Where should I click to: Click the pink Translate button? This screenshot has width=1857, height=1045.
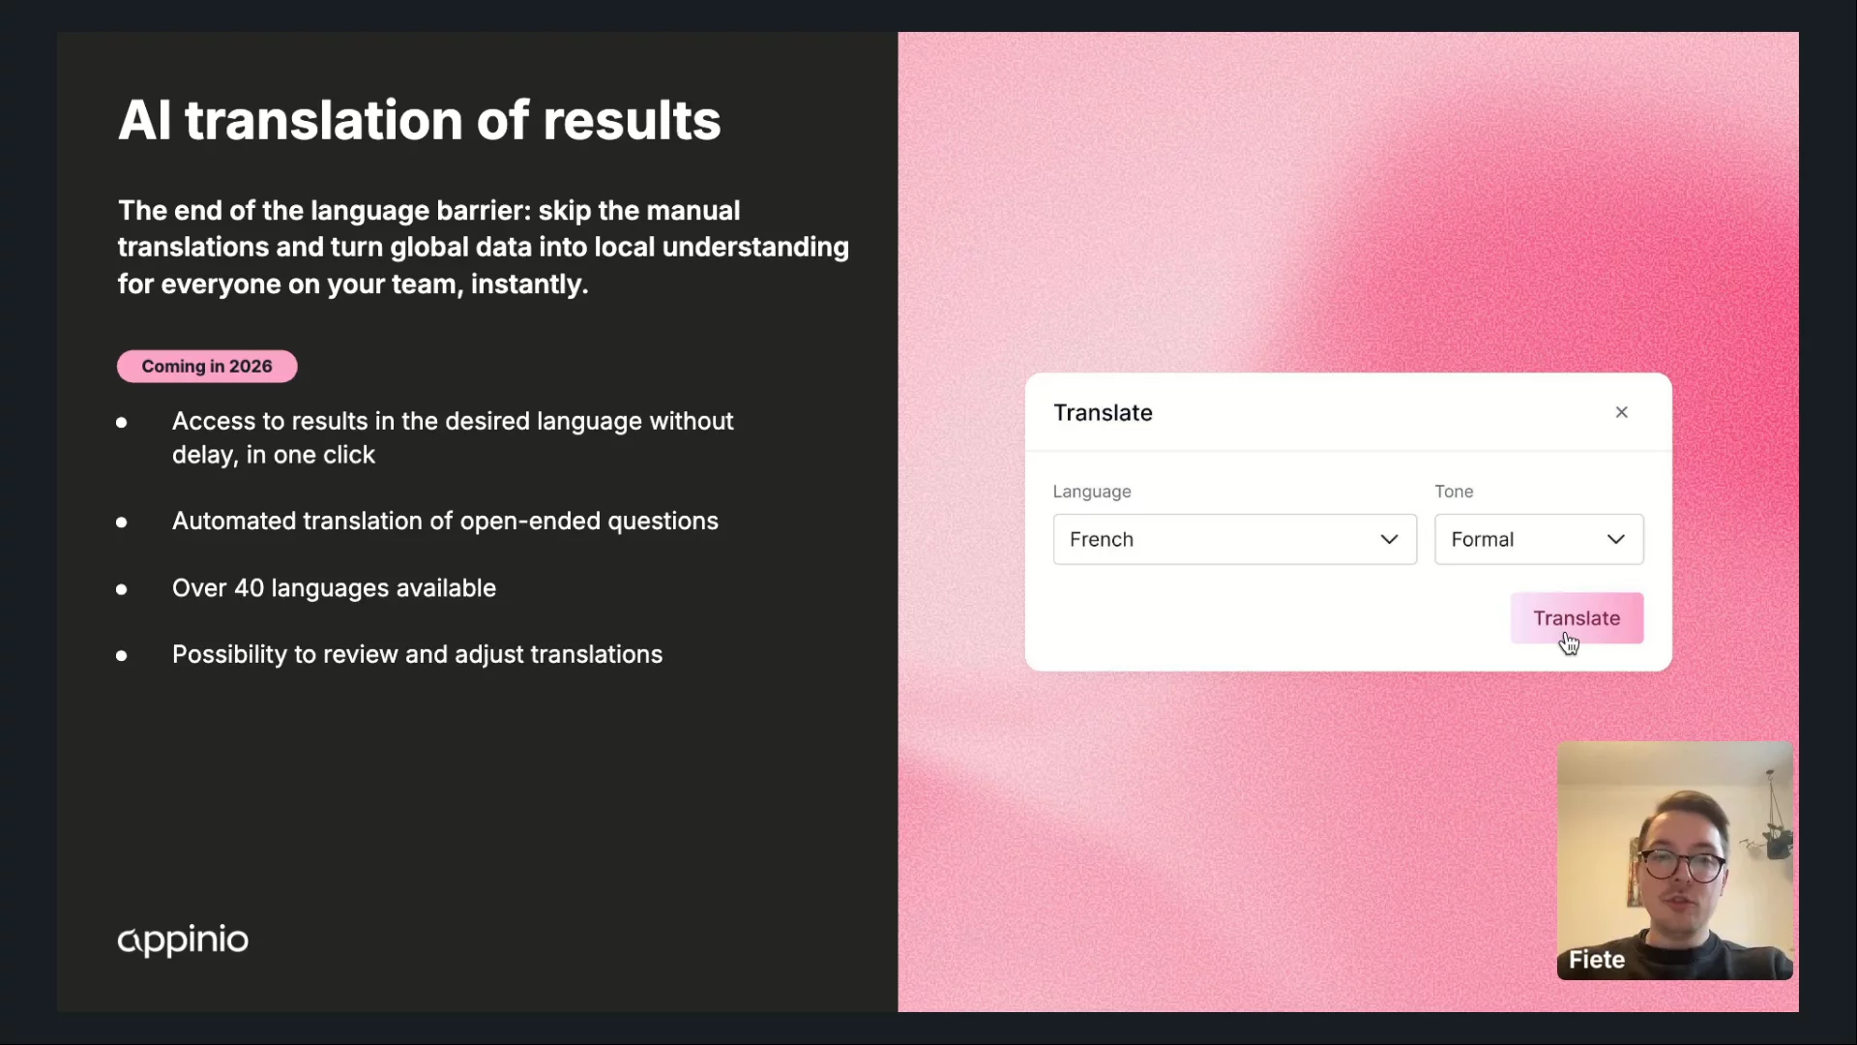pyautogui.click(x=1577, y=617)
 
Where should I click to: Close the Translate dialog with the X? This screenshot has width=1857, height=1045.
pyautogui.click(x=1622, y=412)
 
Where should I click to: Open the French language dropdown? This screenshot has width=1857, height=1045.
pyautogui.click(x=1235, y=539)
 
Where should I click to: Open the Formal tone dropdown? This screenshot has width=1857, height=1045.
pyautogui.click(x=1539, y=539)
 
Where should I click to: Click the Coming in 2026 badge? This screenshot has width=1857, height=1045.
pyautogui.click(x=207, y=366)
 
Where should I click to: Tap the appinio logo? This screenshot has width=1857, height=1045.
pyautogui.click(x=183, y=940)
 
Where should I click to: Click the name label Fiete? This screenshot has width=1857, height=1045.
pyautogui.click(x=1597, y=959)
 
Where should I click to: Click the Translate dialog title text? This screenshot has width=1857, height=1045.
pyautogui.click(x=1103, y=412)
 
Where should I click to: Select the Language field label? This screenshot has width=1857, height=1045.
pyautogui.click(x=1092, y=492)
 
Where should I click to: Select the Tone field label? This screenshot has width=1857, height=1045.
pyautogui.click(x=1454, y=492)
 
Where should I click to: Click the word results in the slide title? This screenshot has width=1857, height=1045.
pyautogui.click(x=632, y=120)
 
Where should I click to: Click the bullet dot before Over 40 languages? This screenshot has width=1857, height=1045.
pyautogui.click(x=121, y=589)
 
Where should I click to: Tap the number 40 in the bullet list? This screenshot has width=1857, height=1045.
pyautogui.click(x=249, y=588)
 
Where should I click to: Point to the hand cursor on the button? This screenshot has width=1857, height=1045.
pyautogui.click(x=1569, y=643)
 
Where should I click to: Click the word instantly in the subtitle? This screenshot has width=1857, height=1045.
pyautogui.click(x=529, y=284)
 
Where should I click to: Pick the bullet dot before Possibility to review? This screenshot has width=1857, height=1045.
pyautogui.click(x=121, y=656)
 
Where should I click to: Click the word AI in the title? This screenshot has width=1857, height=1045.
pyautogui.click(x=144, y=120)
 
